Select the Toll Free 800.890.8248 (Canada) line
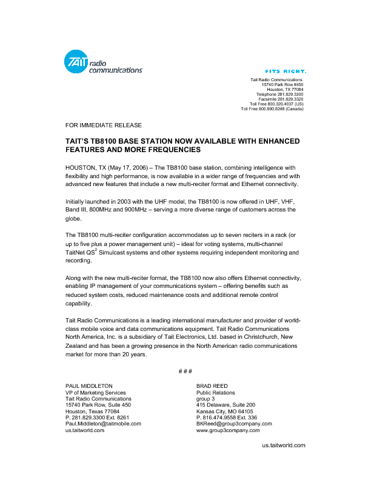pos(272,109)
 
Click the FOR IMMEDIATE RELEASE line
pos(104,125)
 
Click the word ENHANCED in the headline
pos(275,141)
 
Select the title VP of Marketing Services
pos(96,392)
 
